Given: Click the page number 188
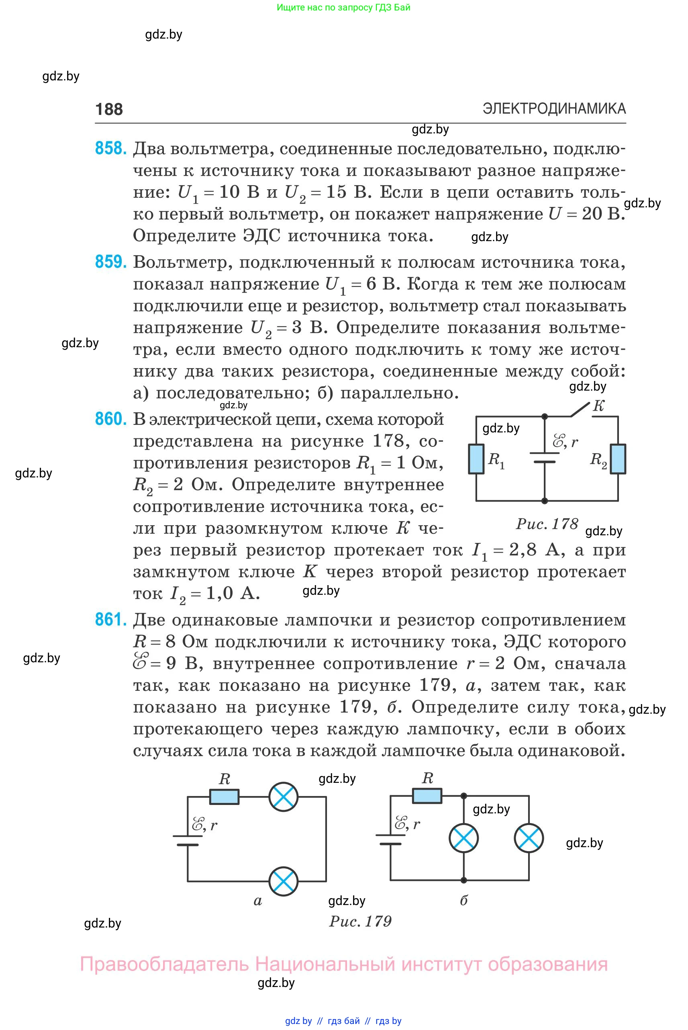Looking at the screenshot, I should (x=109, y=109).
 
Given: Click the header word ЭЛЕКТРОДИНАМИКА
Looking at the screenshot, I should (x=554, y=109).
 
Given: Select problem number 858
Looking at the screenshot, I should (x=110, y=148).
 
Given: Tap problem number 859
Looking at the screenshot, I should (x=110, y=262).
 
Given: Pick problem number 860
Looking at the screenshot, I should (x=110, y=419).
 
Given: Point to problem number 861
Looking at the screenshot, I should (x=110, y=620).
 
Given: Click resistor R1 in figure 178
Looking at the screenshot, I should (x=476, y=459).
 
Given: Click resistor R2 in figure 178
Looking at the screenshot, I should (x=618, y=459).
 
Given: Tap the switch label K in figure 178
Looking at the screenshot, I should (x=598, y=405).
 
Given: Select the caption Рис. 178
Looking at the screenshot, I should (x=547, y=523).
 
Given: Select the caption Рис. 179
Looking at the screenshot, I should (x=360, y=921).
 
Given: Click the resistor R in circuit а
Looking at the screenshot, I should (x=224, y=797).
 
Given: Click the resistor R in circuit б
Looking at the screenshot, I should (x=427, y=796).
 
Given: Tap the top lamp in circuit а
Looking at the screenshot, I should (x=284, y=797).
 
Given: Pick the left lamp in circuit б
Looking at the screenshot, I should (x=463, y=838).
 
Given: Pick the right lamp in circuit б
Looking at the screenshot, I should (x=529, y=838).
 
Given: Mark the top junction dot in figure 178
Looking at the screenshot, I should (x=545, y=416).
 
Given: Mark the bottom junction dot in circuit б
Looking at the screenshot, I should (x=463, y=880).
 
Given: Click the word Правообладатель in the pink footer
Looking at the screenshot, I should (x=164, y=964).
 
